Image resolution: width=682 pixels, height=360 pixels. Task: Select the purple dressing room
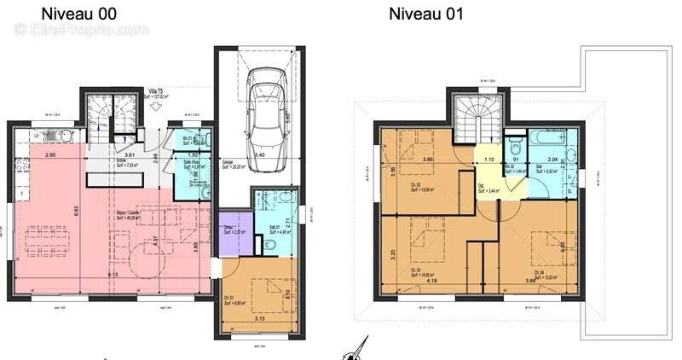[233, 232]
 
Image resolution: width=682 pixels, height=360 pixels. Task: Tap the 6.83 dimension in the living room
[73, 210]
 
